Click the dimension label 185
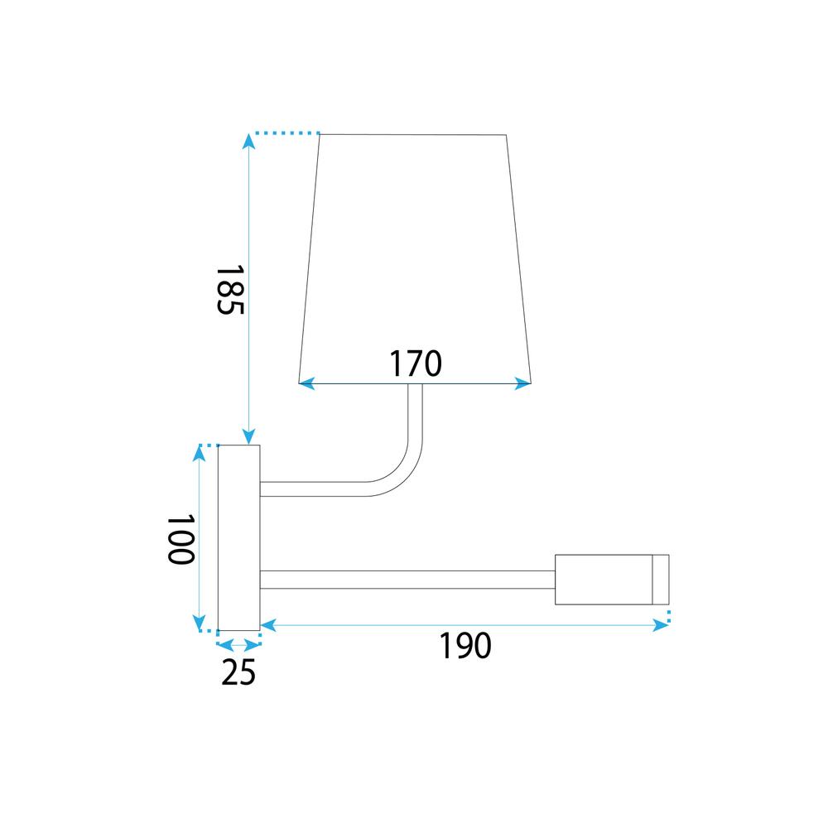[229, 291]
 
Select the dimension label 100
[180, 539]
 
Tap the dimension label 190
[465, 646]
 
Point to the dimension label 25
[238, 673]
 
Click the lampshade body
[414, 248]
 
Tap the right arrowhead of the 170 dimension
[524, 383]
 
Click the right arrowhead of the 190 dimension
[662, 626]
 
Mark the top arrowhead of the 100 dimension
[200, 452]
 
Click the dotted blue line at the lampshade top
[286, 132]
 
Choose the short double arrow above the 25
[238, 644]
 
